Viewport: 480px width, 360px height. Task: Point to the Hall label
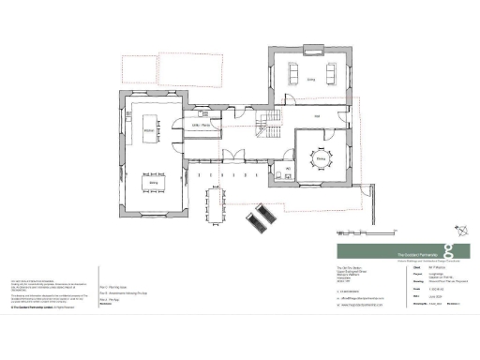[x=317, y=117]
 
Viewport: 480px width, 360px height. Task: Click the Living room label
[x=309, y=81]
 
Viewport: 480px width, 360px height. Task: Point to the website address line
[x=361, y=305]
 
